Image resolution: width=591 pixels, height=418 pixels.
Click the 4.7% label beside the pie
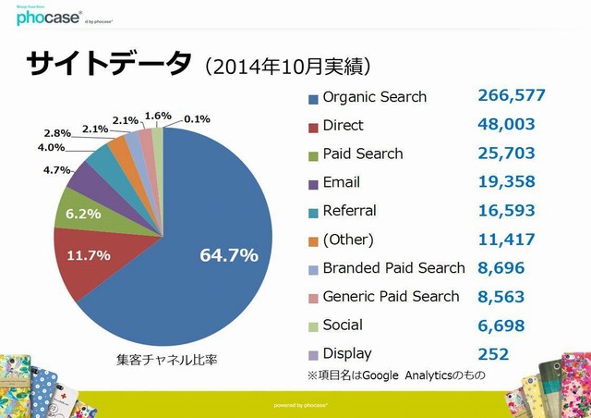[x=57, y=170]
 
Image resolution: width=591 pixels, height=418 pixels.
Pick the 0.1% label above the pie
[x=197, y=118]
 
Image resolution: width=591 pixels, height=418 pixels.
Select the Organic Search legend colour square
[x=314, y=98]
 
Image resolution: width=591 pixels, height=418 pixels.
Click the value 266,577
[x=512, y=95]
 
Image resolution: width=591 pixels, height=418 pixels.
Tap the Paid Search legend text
[x=363, y=154]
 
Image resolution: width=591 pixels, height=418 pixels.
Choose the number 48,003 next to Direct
[x=507, y=124]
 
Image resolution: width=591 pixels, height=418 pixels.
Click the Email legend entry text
[x=342, y=182]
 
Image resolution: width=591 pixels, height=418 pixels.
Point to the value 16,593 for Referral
[x=507, y=211]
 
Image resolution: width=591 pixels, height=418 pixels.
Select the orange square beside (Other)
[x=314, y=241]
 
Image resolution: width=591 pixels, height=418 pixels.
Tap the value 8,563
[x=501, y=297]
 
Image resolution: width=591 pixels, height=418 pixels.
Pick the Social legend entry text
[x=343, y=325]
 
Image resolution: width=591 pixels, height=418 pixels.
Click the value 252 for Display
[x=493, y=353]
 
